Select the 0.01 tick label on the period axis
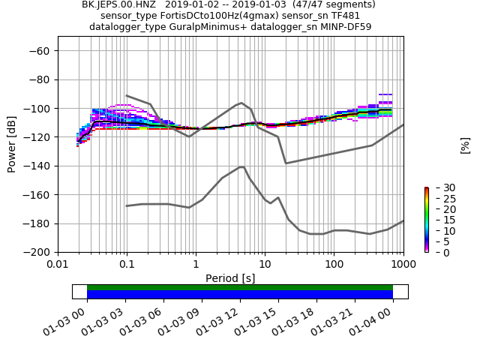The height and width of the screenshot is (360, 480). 58,264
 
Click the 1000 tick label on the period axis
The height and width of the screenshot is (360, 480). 403,264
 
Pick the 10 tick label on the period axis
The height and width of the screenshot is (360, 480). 265,264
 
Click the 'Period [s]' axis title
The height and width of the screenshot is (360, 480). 230,278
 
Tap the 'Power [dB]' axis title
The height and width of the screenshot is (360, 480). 12,144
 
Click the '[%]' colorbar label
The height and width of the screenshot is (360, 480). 465,145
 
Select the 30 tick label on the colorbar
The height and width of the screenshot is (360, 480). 439,187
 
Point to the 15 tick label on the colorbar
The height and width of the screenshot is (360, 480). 439,220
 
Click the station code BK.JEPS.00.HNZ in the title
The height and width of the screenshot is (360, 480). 114,4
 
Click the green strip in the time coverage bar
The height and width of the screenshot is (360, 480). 240,287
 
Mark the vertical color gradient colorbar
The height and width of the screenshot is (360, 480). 426,220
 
